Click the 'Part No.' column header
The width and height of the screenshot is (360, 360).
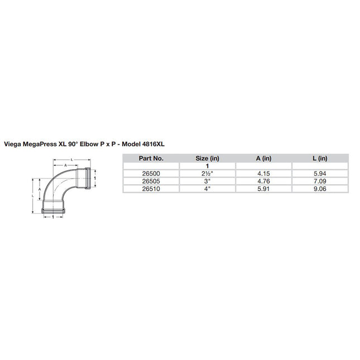(x=151, y=158)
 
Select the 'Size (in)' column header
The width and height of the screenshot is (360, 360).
(x=208, y=158)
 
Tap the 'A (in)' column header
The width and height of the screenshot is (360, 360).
(x=263, y=158)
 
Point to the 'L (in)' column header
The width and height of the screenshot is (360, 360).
(x=319, y=158)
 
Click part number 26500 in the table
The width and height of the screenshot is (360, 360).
(x=151, y=174)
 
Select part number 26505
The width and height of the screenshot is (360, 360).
(x=151, y=181)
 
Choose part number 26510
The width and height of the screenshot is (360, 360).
(x=151, y=189)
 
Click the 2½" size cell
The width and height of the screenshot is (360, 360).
(x=208, y=174)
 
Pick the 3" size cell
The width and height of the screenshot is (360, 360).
(x=208, y=181)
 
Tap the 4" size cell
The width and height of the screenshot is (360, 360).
(x=208, y=189)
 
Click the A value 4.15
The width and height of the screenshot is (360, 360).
(x=263, y=174)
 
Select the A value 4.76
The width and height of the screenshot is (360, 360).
(x=263, y=181)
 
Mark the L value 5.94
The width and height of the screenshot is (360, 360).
(x=319, y=174)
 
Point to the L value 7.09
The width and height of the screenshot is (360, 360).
(x=319, y=181)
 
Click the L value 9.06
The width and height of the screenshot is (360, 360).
(x=319, y=189)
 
